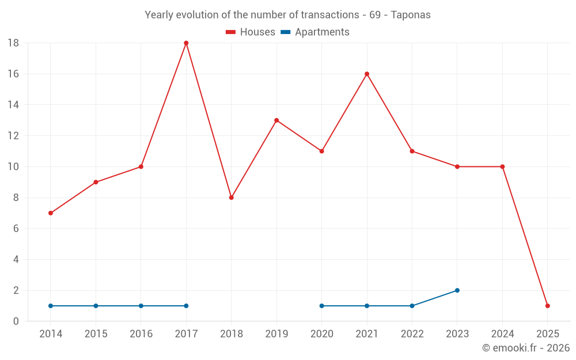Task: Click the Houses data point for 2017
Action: point(186,43)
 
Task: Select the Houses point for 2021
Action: point(367,74)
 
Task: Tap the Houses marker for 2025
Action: point(547,306)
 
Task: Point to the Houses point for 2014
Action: point(51,213)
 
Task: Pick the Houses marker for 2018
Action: point(232,198)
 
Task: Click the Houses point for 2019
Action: point(276,120)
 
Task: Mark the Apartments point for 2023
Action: point(457,290)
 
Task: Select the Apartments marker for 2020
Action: point(321,306)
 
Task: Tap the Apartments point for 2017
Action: point(186,306)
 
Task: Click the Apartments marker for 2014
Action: point(51,306)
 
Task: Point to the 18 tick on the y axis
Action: point(13,43)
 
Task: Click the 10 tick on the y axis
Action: point(13,167)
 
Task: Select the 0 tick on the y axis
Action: point(16,321)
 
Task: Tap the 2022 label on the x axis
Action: point(412,334)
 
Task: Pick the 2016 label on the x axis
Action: point(141,334)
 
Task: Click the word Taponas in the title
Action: point(411,15)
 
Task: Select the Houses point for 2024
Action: point(502,167)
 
